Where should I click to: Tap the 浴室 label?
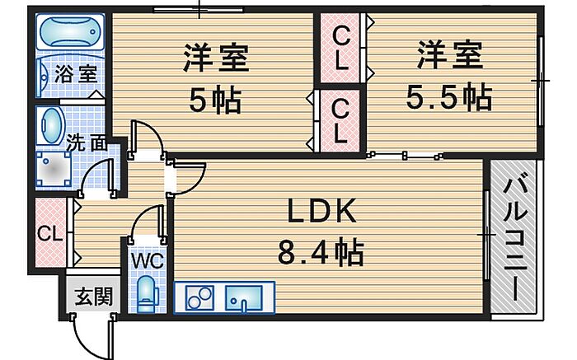coord(76,74)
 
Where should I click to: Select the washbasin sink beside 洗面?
coord(52,126)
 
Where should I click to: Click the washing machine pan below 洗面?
coord(54,169)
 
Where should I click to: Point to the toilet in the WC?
coord(146,294)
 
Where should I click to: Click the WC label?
coord(148,261)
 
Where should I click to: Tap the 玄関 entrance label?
coord(93,297)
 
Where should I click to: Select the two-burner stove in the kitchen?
coord(199,297)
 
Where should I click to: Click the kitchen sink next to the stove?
coord(244,297)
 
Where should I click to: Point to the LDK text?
coord(322,211)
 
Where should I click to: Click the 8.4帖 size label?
coord(321,252)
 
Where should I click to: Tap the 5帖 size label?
coord(215,100)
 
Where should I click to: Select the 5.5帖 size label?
coord(449,97)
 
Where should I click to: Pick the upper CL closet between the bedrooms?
coord(340,48)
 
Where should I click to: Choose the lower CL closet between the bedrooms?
coord(340,121)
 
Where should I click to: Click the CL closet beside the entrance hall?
coord(51,233)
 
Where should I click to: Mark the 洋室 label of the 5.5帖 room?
coord(450,55)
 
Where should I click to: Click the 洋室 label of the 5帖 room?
coord(216,58)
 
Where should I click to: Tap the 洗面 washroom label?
coord(87,144)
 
